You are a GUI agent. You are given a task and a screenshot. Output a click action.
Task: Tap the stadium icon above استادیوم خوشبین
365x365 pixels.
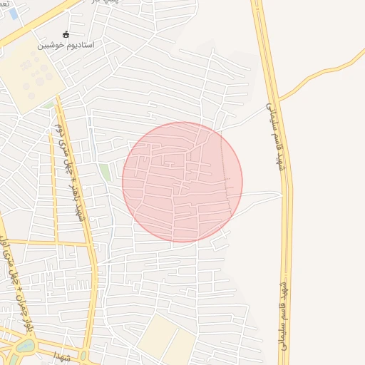point(66,34)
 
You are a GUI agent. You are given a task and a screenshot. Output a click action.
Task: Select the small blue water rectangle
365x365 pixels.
point(14,14)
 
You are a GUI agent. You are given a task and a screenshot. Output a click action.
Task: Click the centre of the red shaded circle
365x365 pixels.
point(182,182)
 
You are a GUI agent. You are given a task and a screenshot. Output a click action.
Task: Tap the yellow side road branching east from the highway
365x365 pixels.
point(321,75)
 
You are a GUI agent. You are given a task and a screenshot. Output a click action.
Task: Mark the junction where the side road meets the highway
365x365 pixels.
point(277,99)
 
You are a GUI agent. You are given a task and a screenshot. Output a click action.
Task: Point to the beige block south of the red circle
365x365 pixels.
point(167,340)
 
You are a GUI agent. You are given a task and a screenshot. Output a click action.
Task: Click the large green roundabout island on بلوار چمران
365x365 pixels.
point(25,347)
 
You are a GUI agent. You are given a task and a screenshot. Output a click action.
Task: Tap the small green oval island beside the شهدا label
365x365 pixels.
point(83,355)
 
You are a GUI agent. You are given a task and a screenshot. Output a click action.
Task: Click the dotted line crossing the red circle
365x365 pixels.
point(230,171)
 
